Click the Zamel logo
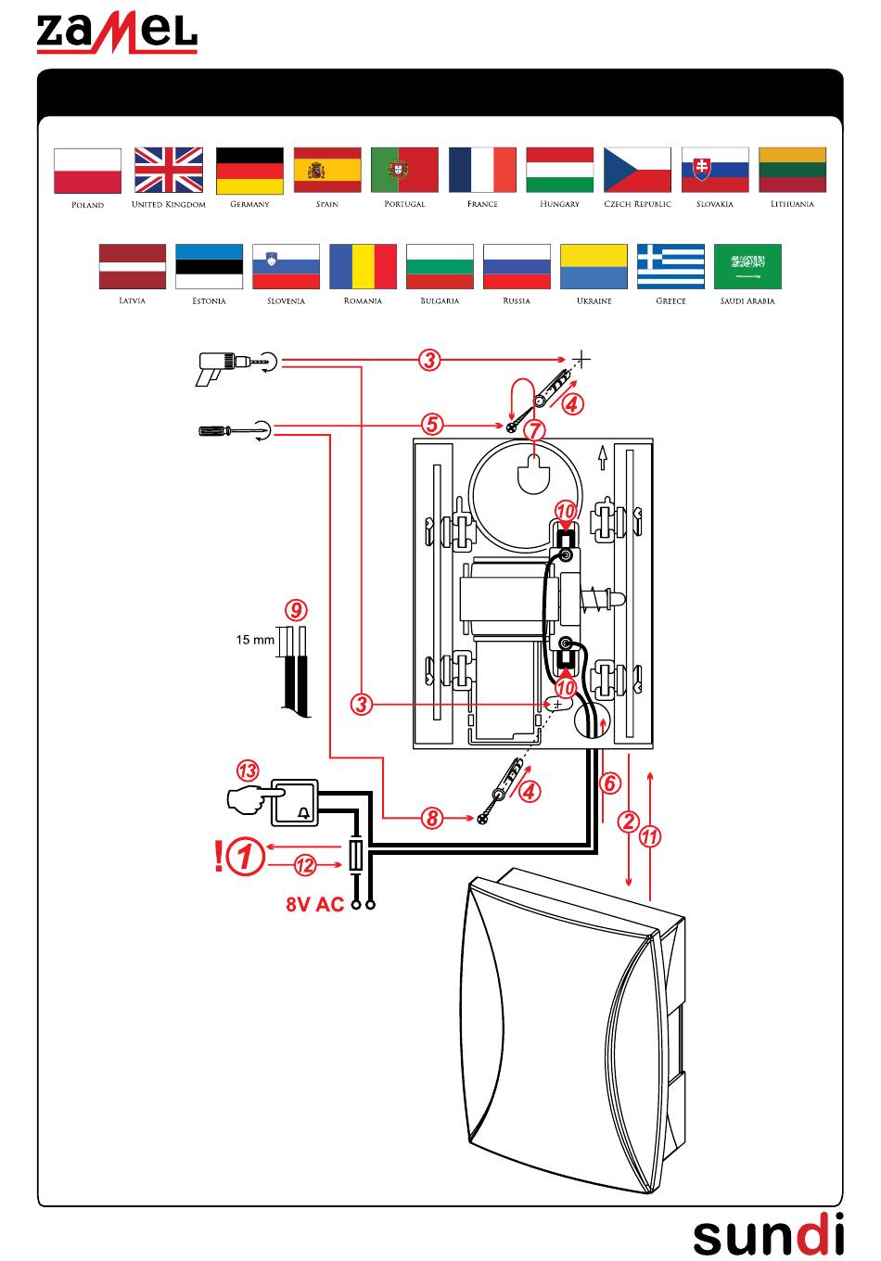(117, 34)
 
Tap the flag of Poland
(87, 171)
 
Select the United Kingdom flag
(169, 170)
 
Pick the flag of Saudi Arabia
(747, 266)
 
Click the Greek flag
(670, 266)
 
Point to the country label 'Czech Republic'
(637, 204)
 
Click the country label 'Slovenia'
(286, 300)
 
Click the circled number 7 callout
(534, 430)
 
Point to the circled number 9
(296, 610)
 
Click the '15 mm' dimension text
(255, 640)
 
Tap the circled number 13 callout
(248, 771)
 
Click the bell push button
(294, 803)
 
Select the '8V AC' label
(314, 904)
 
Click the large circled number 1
(246, 856)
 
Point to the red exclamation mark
(219, 856)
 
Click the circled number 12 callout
(306, 865)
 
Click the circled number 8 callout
(432, 818)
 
